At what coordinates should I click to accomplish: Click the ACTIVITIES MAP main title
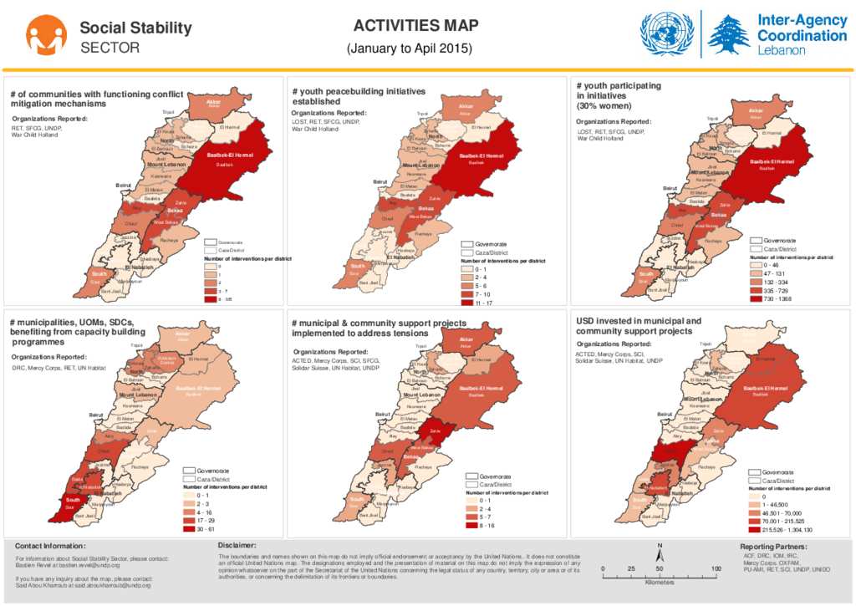pyautogui.click(x=409, y=26)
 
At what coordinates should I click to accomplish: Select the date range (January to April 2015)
pyautogui.click(x=409, y=48)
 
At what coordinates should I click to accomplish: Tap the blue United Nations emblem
pyautogui.click(x=666, y=33)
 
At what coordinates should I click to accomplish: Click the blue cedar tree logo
pyautogui.click(x=729, y=35)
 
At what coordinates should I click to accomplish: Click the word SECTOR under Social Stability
pyautogui.click(x=110, y=48)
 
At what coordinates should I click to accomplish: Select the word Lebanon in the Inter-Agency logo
pyautogui.click(x=781, y=50)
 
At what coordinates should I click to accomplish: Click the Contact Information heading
pyautogui.click(x=50, y=546)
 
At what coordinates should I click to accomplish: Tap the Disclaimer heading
pyautogui.click(x=237, y=545)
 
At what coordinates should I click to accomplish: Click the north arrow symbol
pyautogui.click(x=660, y=553)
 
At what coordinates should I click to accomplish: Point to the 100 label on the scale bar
pyautogui.click(x=716, y=569)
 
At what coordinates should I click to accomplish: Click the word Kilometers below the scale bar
pyautogui.click(x=660, y=583)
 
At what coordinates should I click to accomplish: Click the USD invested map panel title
pyautogui.click(x=639, y=325)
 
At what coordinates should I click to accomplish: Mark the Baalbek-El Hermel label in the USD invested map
pyautogui.click(x=765, y=389)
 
